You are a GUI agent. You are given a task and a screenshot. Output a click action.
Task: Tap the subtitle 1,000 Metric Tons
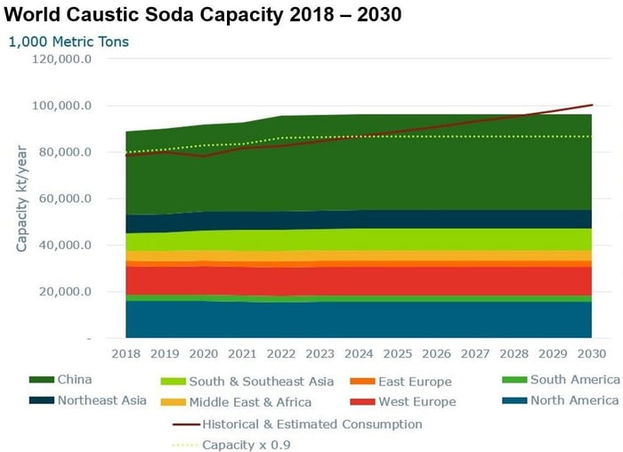[x=69, y=41]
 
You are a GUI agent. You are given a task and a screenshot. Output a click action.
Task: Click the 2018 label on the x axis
[x=125, y=354]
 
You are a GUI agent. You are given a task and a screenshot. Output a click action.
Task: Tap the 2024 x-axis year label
[x=359, y=354]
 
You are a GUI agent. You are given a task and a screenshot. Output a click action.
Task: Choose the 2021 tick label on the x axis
[x=242, y=354]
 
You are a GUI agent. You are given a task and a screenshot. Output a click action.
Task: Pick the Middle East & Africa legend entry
[x=249, y=402]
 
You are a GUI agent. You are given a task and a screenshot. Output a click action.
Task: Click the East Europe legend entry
[x=415, y=382]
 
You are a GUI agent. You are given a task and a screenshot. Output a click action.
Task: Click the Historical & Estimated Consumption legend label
[x=311, y=424]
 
